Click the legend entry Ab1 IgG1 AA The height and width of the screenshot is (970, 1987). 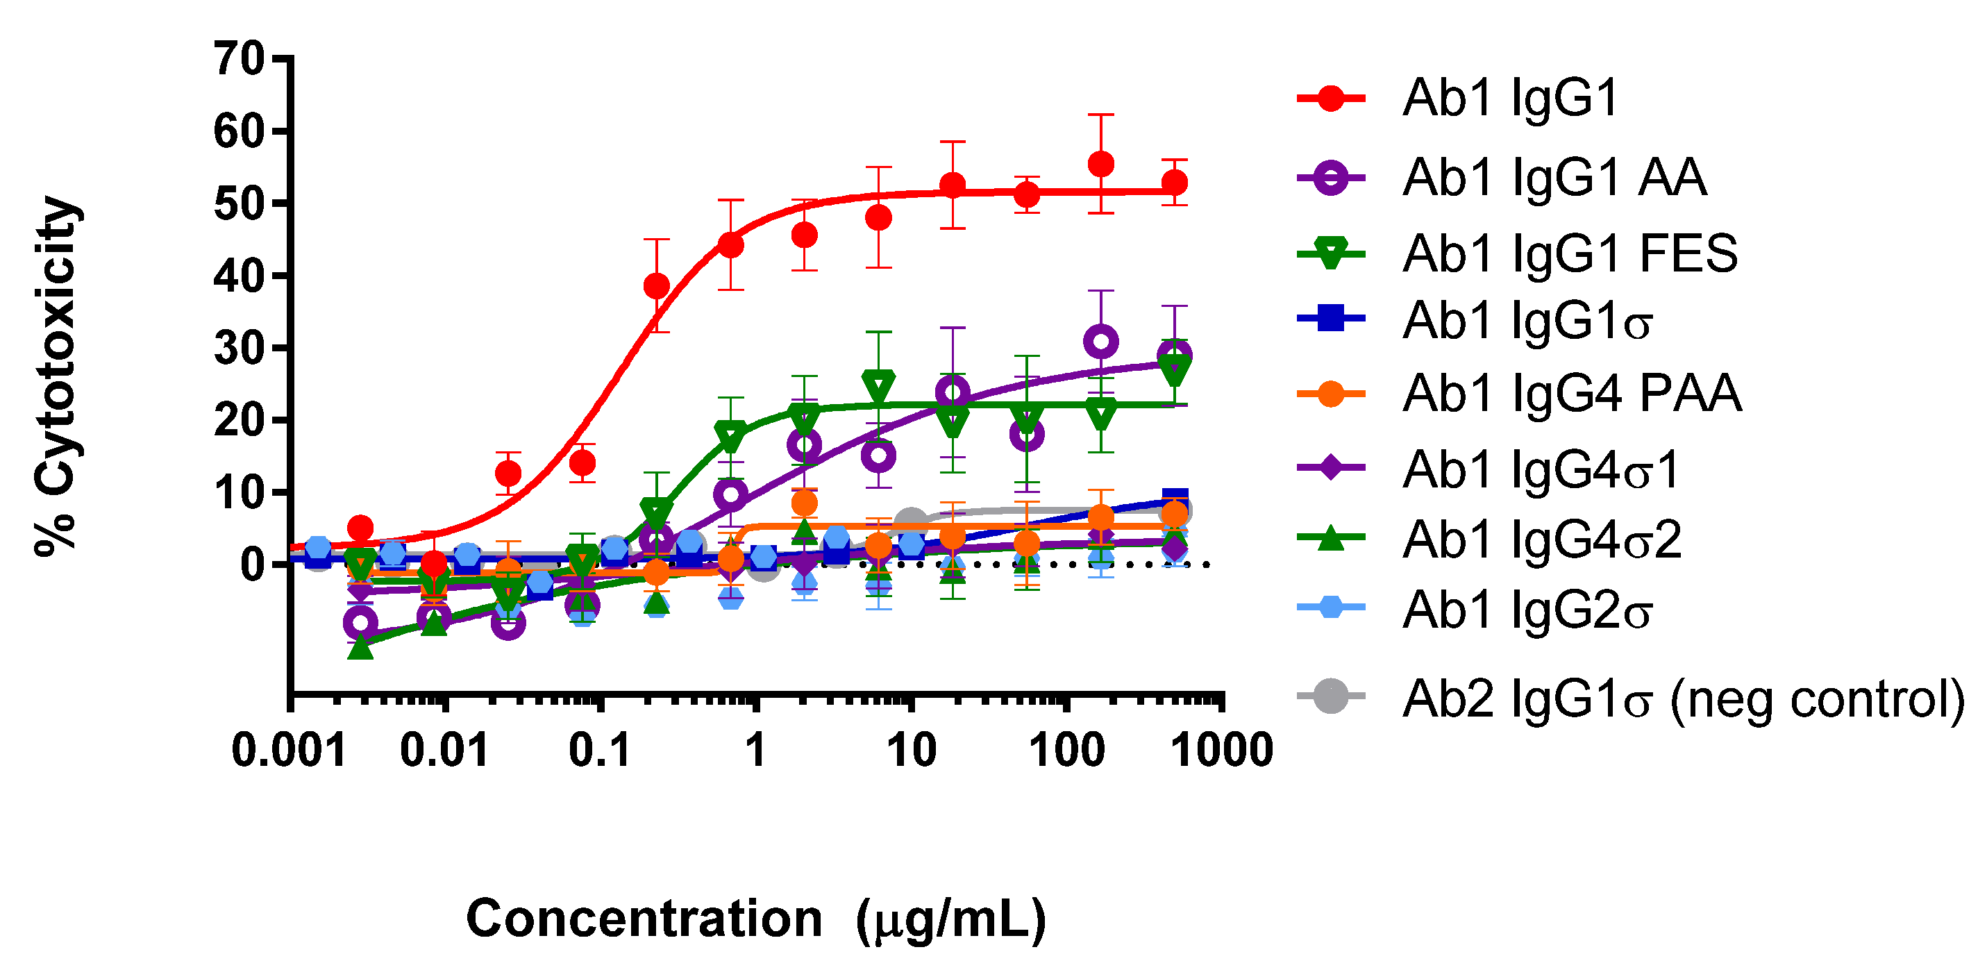pos(1554,178)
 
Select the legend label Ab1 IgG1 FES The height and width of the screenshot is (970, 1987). pos(1569,253)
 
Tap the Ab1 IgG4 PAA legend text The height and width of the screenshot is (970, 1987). pos(1571,394)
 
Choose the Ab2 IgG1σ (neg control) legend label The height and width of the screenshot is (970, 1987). pos(1682,699)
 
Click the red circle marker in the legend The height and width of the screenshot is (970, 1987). pos(1331,99)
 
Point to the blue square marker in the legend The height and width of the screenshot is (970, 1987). pos(1331,318)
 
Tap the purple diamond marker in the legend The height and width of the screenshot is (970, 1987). pos(1331,467)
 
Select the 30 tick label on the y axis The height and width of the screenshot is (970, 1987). pos(238,349)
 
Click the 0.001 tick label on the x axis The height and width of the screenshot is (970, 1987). pos(290,750)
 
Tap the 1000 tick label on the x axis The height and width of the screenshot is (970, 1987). pos(1222,750)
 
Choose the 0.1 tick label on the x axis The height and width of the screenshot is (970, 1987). pos(600,750)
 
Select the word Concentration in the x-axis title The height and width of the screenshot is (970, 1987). pos(644,919)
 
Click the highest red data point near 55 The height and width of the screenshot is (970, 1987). pos(1100,164)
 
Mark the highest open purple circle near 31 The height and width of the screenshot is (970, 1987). pos(1100,342)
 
